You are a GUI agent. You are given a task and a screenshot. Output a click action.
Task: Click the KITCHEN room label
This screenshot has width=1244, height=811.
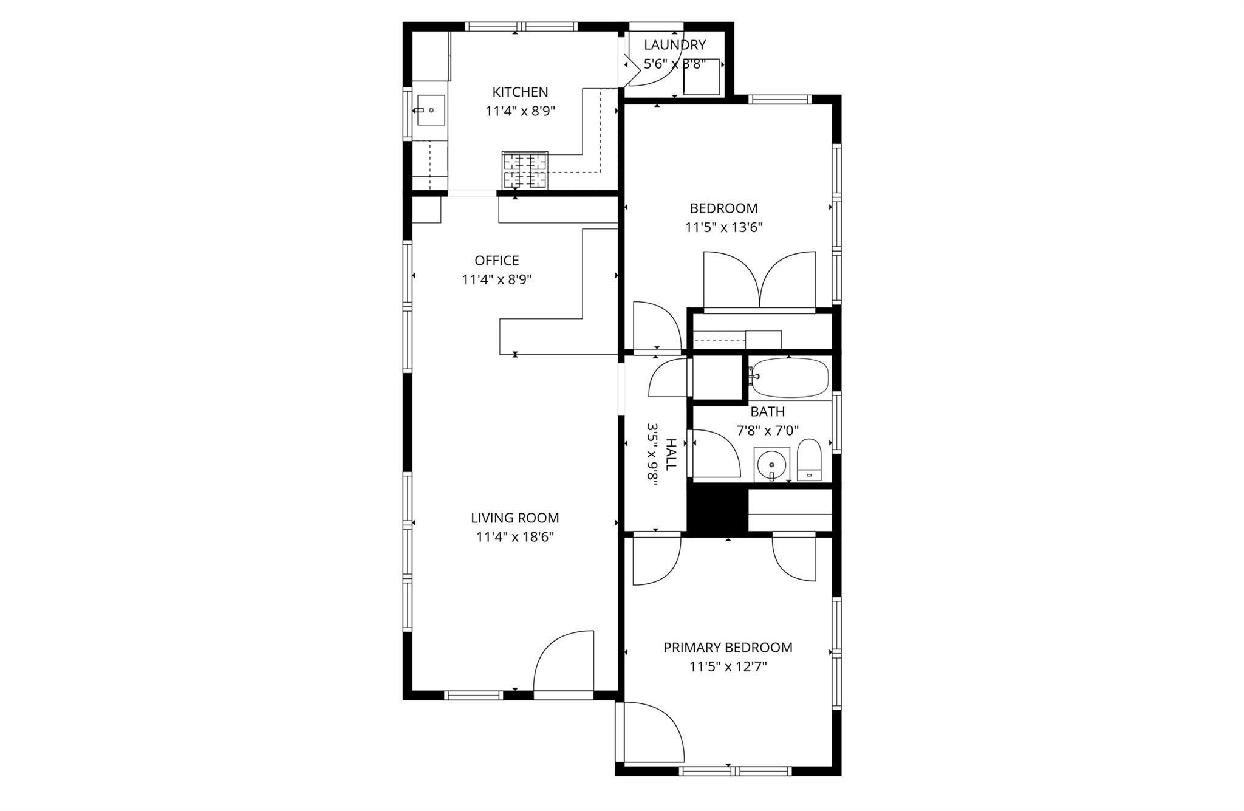click(x=520, y=92)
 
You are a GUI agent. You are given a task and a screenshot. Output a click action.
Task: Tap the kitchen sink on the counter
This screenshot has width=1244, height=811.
click(x=431, y=111)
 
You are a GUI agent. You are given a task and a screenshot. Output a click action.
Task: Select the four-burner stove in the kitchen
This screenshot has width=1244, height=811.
click(x=525, y=170)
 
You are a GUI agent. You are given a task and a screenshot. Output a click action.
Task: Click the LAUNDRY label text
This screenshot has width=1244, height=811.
click(x=674, y=45)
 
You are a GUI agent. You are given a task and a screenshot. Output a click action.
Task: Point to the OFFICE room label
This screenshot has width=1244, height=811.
click(x=496, y=261)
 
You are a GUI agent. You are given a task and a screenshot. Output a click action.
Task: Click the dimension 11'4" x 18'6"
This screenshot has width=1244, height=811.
click(x=515, y=537)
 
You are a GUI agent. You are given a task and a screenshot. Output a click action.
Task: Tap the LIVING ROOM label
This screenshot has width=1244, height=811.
click(x=514, y=518)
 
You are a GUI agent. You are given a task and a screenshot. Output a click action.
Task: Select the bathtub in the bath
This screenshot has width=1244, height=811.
click(x=789, y=378)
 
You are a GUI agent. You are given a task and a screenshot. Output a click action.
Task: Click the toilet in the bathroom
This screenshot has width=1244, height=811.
click(x=808, y=460)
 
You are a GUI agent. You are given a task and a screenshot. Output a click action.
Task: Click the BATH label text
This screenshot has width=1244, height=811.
click(x=767, y=412)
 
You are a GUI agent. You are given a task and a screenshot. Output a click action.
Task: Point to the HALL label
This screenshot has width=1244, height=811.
click(x=671, y=454)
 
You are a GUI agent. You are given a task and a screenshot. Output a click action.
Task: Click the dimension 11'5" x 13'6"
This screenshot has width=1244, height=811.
click(x=723, y=228)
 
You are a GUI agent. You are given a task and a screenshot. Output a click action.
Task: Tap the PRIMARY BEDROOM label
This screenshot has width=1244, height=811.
click(x=728, y=648)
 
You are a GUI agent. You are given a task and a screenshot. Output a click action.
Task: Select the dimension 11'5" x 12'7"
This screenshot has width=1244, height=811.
click(x=728, y=667)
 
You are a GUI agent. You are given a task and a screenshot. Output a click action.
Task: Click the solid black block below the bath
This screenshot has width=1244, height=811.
click(x=717, y=510)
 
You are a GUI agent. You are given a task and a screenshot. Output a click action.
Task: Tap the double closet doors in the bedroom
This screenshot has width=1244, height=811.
click(x=759, y=281)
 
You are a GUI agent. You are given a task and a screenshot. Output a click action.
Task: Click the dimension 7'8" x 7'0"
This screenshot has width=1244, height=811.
click(x=767, y=431)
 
